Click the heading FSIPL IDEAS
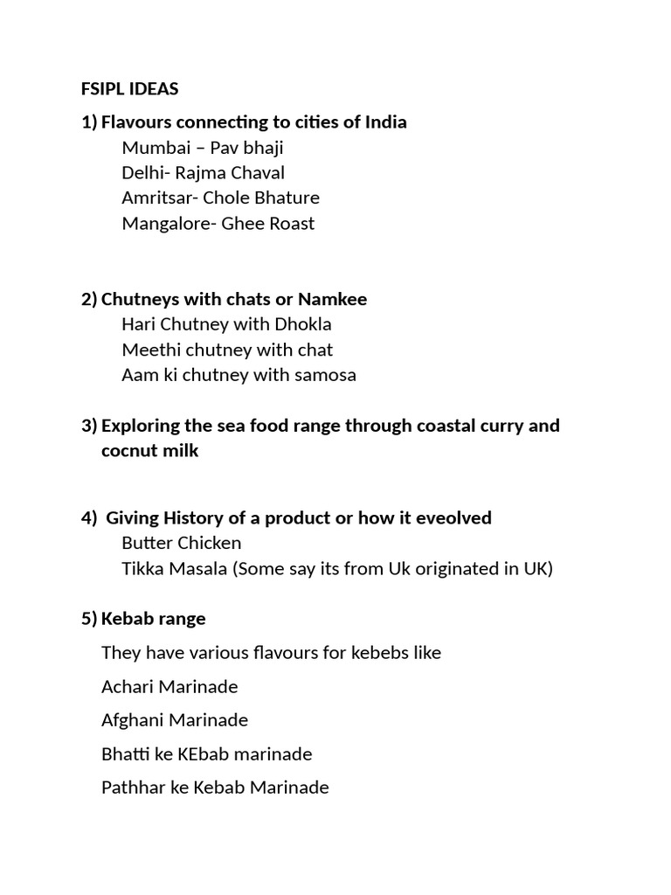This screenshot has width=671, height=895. [x=129, y=89]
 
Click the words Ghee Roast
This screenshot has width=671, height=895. [x=268, y=223]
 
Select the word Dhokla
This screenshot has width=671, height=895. [x=304, y=324]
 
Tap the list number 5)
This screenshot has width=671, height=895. [x=89, y=619]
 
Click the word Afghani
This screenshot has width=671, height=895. [x=133, y=720]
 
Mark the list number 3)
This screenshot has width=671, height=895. [x=89, y=426]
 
